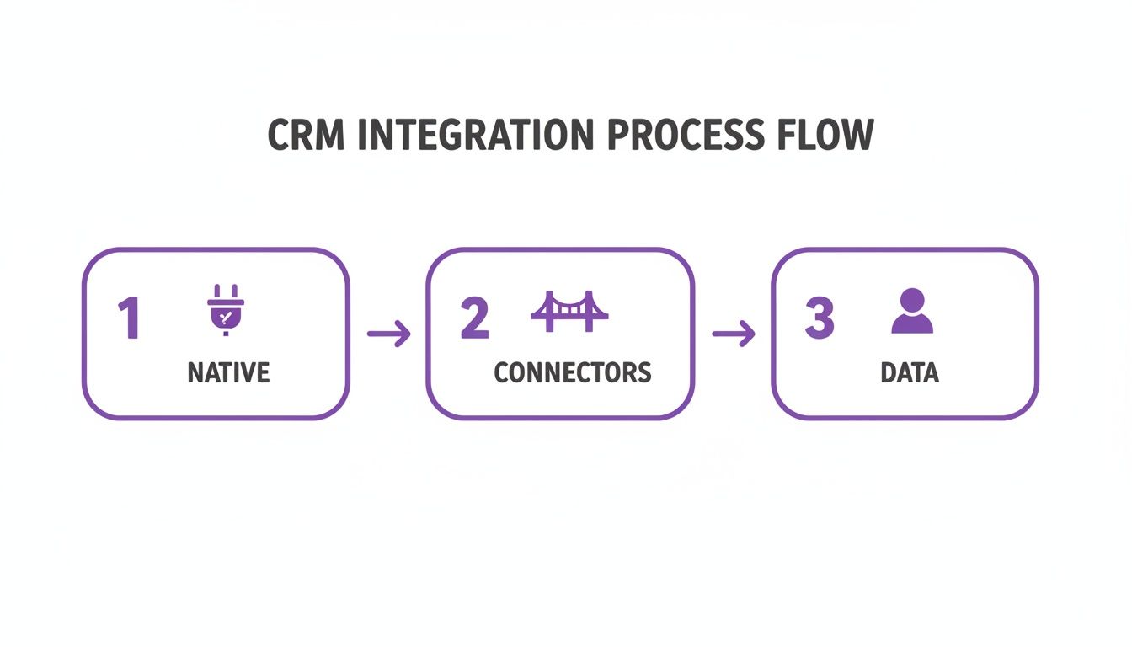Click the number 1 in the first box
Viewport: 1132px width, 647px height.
click(x=128, y=320)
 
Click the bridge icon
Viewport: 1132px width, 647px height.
click(x=569, y=311)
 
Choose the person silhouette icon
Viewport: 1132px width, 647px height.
click(x=912, y=311)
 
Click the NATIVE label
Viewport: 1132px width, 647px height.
click(x=228, y=372)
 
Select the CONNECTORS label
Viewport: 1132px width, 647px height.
click(x=573, y=372)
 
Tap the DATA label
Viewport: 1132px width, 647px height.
click(x=910, y=372)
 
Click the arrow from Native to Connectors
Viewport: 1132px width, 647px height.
click(x=389, y=334)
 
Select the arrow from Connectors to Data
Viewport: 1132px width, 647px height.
click(x=734, y=334)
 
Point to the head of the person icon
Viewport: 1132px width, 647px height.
click(x=912, y=299)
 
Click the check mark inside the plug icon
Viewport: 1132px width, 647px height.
click(x=225, y=317)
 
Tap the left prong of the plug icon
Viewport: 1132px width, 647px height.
click(x=216, y=291)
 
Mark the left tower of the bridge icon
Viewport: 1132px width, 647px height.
click(x=549, y=307)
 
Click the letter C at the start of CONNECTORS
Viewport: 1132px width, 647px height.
click(x=503, y=372)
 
